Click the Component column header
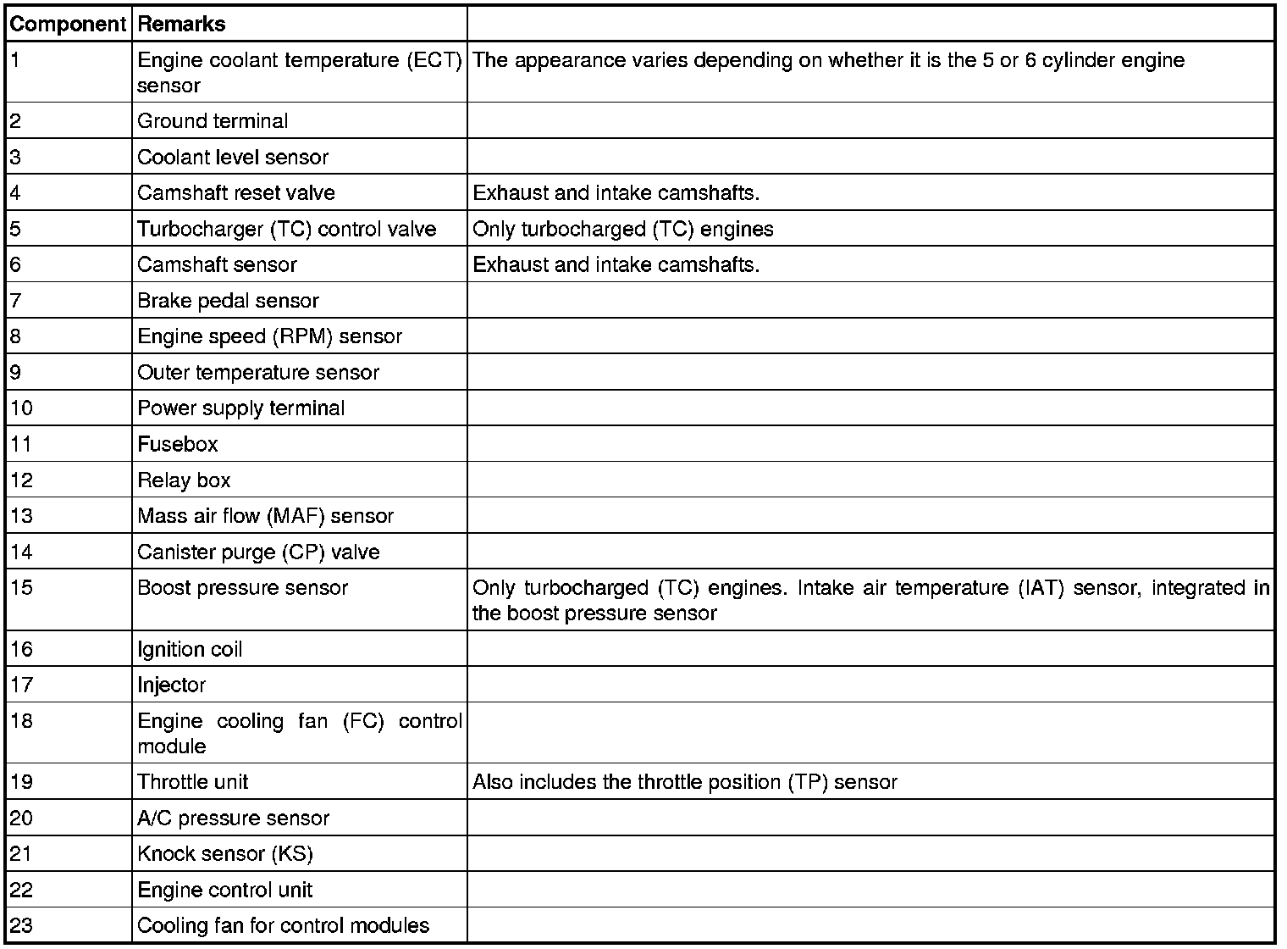pos(67,24)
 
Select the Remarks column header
pos(181,24)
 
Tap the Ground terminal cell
pos(213,121)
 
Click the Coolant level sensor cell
pos(233,157)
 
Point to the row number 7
pos(16,301)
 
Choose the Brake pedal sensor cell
pos(228,301)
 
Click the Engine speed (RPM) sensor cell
pos(269,336)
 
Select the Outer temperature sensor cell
pos(258,373)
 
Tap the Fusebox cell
pos(178,444)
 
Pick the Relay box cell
pos(184,480)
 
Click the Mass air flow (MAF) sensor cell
pos(265,516)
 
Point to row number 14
pos(21,552)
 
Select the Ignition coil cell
pos(190,650)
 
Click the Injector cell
pos(171,685)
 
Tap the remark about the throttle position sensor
pos(684,782)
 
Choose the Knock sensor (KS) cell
pos(225,854)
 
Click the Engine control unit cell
pos(224,891)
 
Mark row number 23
pos(21,926)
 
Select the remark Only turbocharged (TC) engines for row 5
pos(622,229)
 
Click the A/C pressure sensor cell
pos(233,819)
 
